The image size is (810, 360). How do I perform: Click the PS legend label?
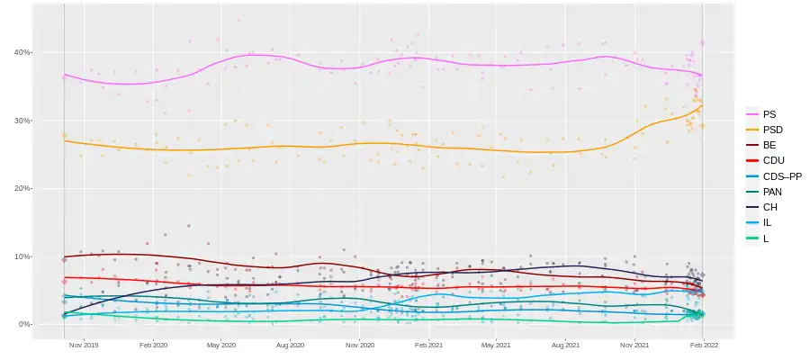[769, 114]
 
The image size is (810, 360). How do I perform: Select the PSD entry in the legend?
[772, 130]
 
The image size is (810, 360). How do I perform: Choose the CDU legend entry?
[773, 160]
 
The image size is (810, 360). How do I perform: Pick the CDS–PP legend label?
[781, 176]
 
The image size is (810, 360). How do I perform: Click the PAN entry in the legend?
[772, 192]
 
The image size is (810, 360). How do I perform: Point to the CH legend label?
[769, 207]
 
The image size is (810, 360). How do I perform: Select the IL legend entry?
[767, 222]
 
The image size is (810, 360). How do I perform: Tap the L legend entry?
[765, 238]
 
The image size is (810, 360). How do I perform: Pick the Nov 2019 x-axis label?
[84, 344]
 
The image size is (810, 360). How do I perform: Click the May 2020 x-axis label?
[220, 344]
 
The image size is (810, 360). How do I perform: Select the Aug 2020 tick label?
[290, 344]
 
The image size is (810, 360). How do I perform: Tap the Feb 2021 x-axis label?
[428, 344]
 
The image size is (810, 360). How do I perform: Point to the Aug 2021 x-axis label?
[565, 344]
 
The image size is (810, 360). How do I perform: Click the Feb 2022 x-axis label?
[704, 344]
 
